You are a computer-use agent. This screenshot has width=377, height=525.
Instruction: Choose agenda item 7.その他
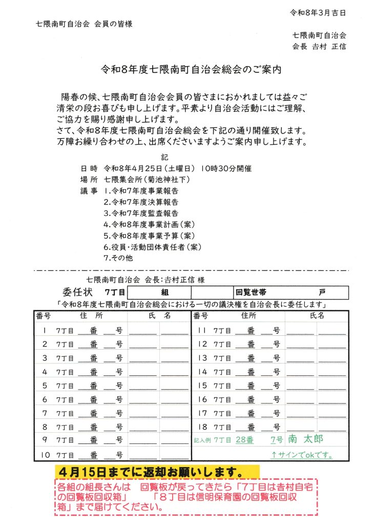(x=118, y=258)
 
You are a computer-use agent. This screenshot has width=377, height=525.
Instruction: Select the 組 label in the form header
(x=165, y=293)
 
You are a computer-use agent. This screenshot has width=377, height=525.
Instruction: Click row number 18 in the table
(x=201, y=427)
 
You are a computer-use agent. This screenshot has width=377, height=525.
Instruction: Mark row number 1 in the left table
(x=45, y=330)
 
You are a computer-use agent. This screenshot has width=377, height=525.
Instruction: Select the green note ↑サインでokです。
(x=303, y=454)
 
